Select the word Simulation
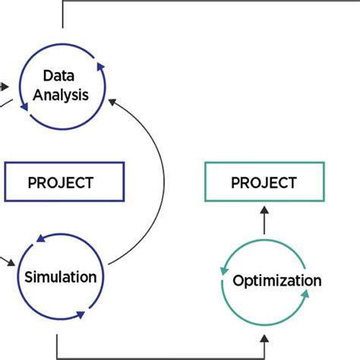click(60, 276)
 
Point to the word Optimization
click(276, 281)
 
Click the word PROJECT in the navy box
click(60, 182)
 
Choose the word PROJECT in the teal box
click(263, 182)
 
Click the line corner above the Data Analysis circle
click(62, 2)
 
